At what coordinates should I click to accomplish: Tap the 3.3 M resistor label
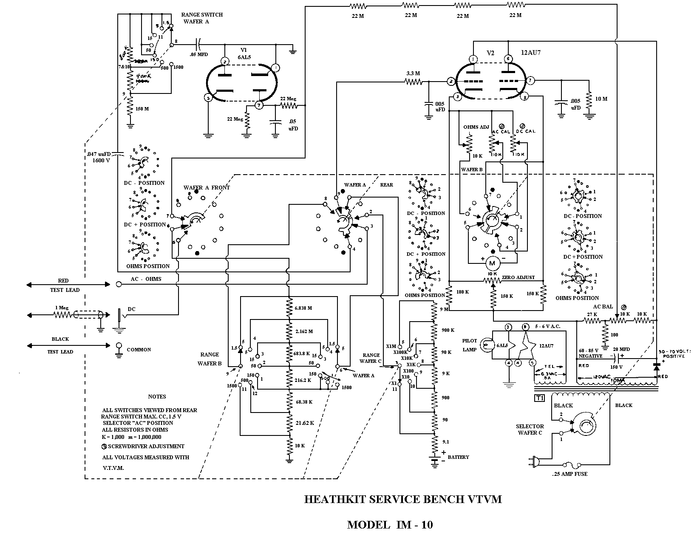413,73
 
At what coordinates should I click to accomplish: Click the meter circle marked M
492,263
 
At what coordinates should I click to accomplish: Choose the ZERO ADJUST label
518,277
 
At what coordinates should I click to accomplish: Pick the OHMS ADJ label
476,127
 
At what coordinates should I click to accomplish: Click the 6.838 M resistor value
303,308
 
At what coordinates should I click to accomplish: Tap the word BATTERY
458,457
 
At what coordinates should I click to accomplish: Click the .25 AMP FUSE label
569,473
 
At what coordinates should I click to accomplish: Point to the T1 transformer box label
539,398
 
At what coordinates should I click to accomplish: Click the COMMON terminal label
139,350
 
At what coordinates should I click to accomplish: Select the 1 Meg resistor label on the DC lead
62,308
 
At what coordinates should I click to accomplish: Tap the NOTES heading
157,396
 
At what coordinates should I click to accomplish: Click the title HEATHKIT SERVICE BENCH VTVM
403,499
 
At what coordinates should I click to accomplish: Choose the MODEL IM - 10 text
390,525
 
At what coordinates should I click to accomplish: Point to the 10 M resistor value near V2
601,99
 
